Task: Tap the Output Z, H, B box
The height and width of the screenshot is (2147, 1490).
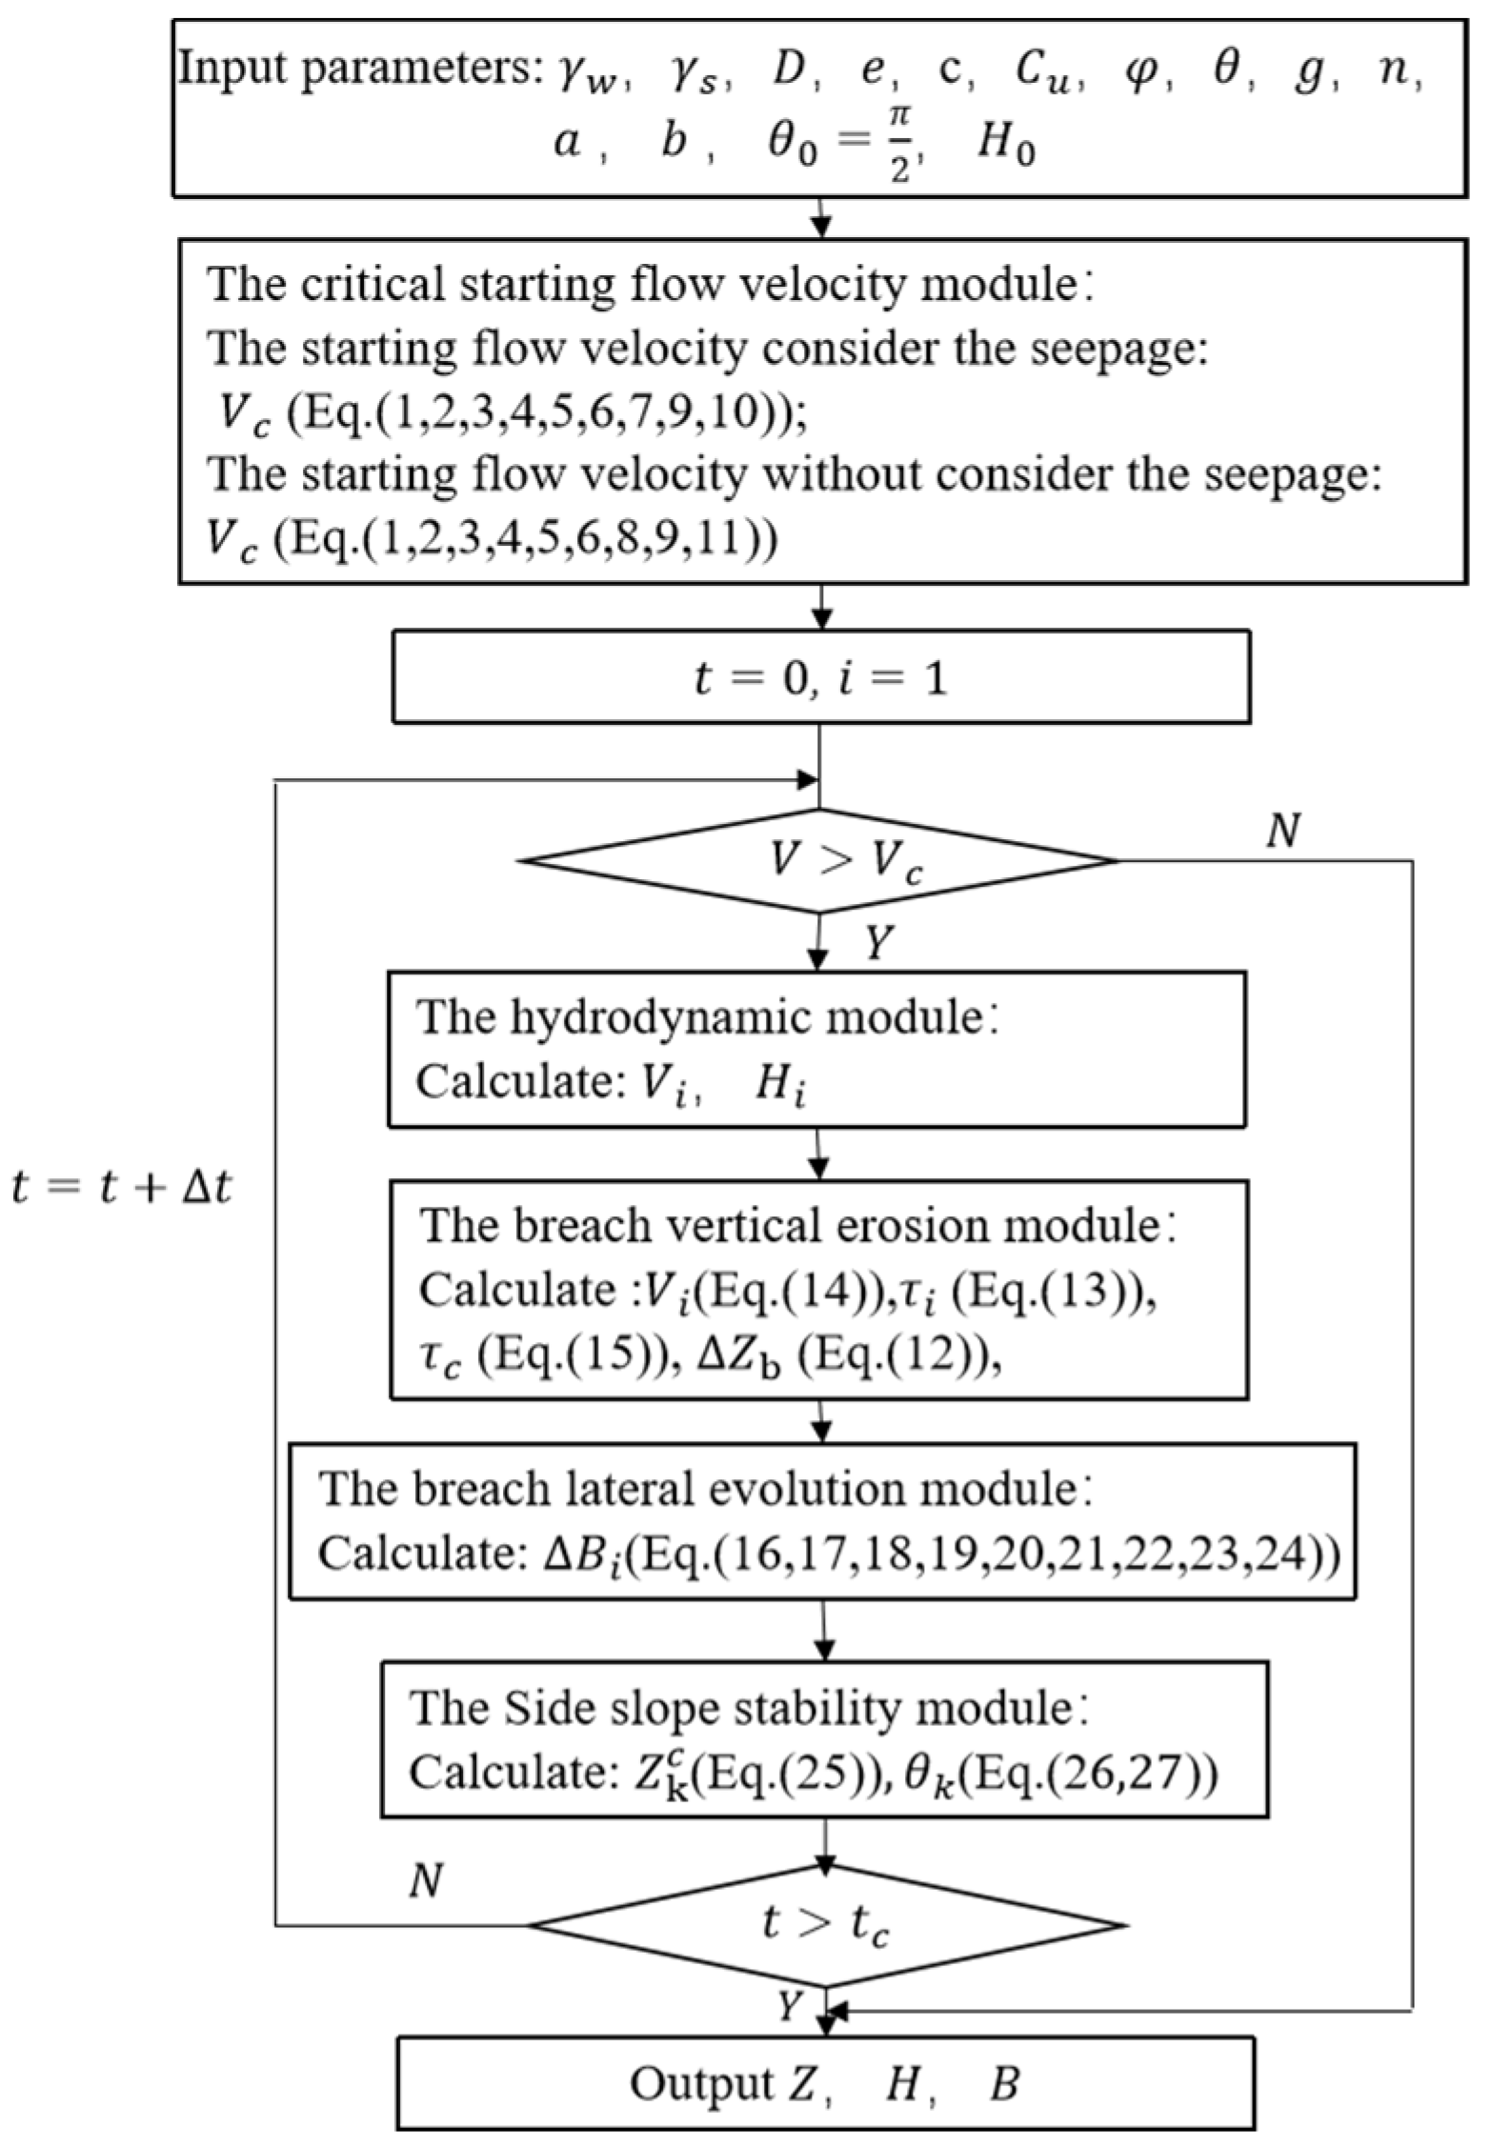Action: pos(825,2084)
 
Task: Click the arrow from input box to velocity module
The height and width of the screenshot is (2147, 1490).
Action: pos(820,218)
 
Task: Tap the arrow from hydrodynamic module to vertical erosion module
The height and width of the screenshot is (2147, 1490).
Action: pos(820,1153)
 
